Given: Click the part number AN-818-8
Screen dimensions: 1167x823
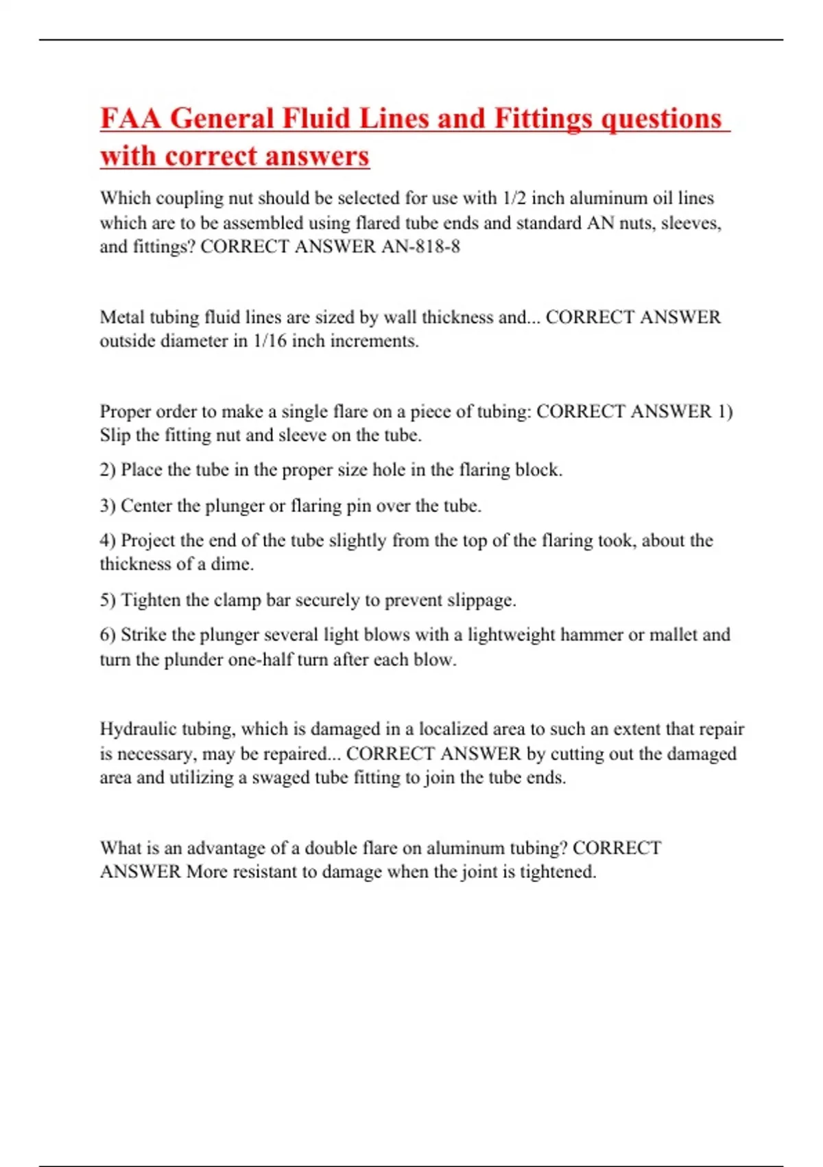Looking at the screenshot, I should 420,246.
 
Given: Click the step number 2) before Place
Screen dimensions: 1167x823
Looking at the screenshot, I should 108,470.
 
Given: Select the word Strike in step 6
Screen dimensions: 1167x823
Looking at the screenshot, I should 143,635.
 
